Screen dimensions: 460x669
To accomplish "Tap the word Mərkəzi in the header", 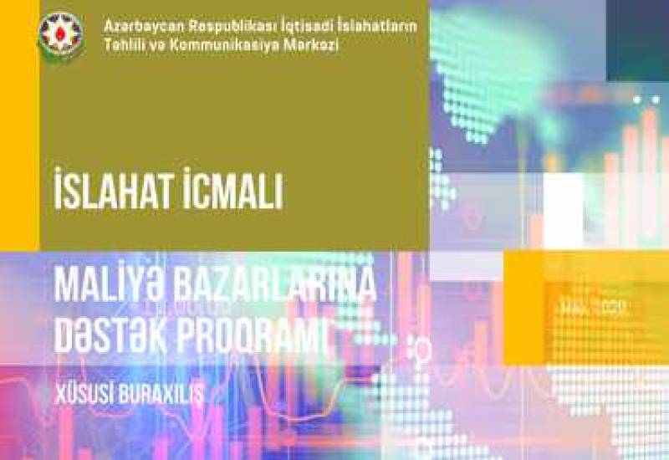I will [309, 45].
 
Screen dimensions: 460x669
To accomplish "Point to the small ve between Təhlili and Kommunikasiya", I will [157, 45].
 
